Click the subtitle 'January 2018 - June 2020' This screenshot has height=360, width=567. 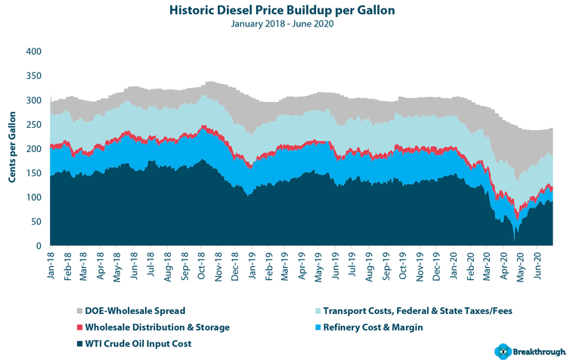click(x=283, y=23)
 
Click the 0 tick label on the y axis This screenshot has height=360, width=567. click(x=36, y=247)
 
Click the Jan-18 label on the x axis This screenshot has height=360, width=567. click(x=51, y=265)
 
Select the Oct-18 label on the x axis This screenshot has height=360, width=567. click(x=203, y=265)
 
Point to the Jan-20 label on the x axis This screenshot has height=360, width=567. click(x=454, y=265)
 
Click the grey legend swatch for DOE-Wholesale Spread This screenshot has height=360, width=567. click(x=80, y=311)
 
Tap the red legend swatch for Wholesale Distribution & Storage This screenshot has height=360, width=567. click(x=80, y=326)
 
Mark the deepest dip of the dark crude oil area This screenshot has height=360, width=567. click(x=515, y=241)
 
